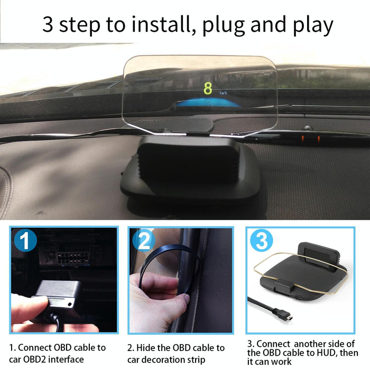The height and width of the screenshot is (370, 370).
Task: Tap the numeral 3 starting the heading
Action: (x=48, y=24)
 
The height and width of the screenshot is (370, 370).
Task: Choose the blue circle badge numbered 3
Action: (x=261, y=241)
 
